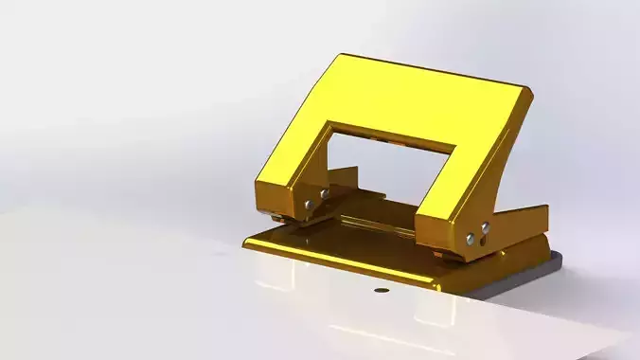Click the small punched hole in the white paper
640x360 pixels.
(x=381, y=290)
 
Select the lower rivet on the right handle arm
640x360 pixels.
(x=470, y=237)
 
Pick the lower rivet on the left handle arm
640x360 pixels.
(x=310, y=203)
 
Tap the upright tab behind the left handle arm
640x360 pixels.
(x=345, y=180)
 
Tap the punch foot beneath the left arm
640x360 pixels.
(x=277, y=219)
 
